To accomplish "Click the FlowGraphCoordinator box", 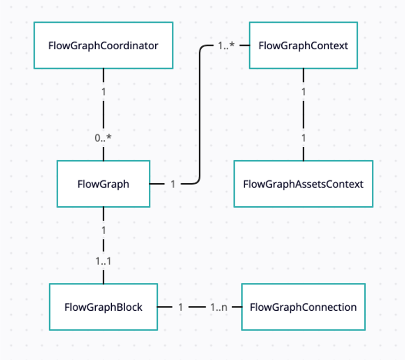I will click(103, 45).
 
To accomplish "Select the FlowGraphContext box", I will click(303, 45).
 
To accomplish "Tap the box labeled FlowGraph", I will click(103, 184).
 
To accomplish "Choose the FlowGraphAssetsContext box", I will click(303, 184).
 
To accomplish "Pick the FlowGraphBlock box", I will click(103, 307).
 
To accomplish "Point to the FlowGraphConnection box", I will click(303, 307).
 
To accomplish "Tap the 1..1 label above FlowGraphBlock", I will click(103, 261).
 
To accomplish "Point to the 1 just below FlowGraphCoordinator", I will click(103, 92).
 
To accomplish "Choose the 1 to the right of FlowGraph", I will click(173, 184).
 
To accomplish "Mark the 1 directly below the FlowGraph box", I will click(103, 230).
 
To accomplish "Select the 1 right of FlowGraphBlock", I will click(180, 307).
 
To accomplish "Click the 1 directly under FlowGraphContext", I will click(303, 92).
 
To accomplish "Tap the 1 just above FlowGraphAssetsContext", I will click(303, 138).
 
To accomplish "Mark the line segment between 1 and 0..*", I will click(103, 115).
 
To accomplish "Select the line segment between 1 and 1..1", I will click(103, 245).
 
